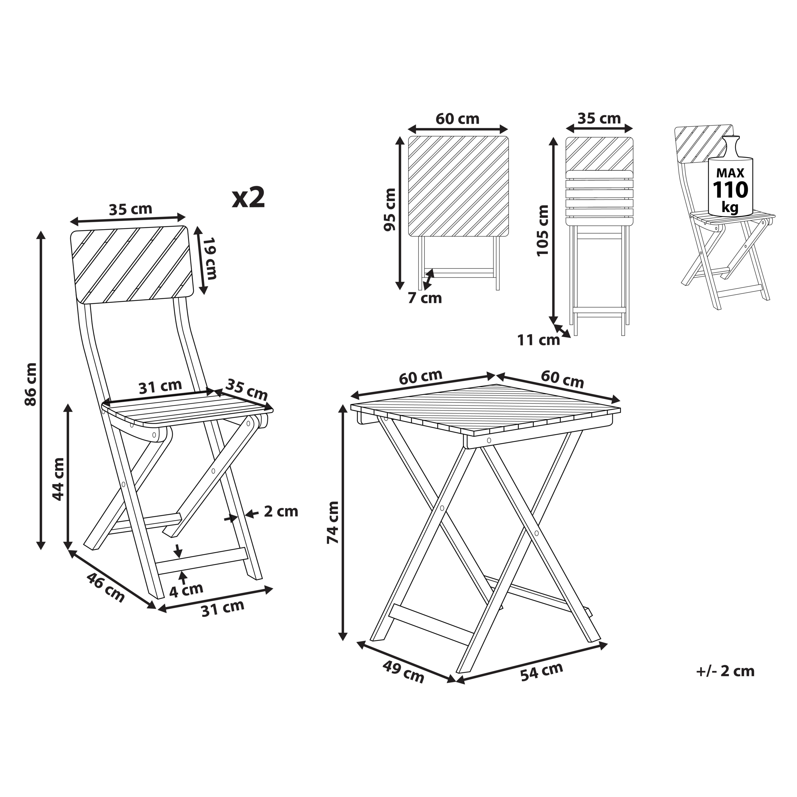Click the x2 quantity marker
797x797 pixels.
click(x=248, y=198)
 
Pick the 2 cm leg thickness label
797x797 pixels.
click(x=281, y=511)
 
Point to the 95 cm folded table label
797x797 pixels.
click(x=390, y=210)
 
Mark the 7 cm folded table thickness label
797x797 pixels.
click(x=425, y=298)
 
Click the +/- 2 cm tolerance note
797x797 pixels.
click(x=725, y=671)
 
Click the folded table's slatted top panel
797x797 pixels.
click(x=458, y=186)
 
